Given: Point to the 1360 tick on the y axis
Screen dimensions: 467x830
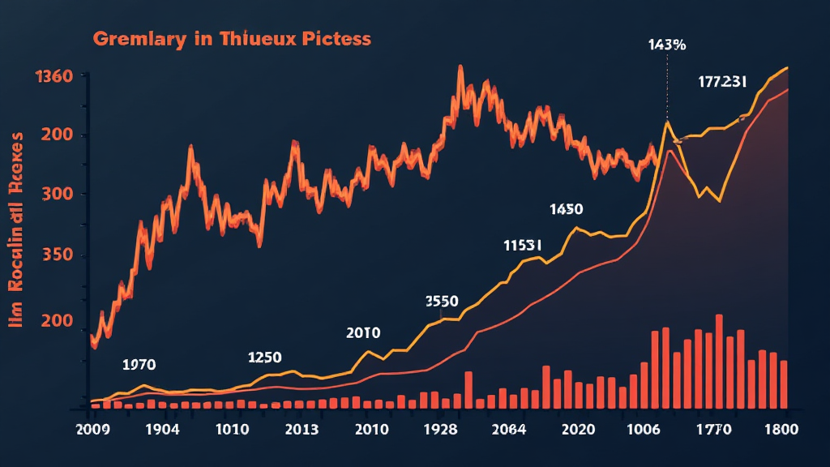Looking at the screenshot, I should [53, 77].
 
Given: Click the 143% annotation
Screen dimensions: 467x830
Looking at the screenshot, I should [666, 45].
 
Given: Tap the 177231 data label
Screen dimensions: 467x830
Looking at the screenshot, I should [722, 81].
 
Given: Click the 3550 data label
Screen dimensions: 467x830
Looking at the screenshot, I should [442, 301].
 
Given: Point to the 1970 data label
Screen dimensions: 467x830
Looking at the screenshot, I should [139, 364].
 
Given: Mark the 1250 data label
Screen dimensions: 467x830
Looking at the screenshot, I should [264, 358].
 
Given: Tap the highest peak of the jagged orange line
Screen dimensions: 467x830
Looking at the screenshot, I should [460, 67].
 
